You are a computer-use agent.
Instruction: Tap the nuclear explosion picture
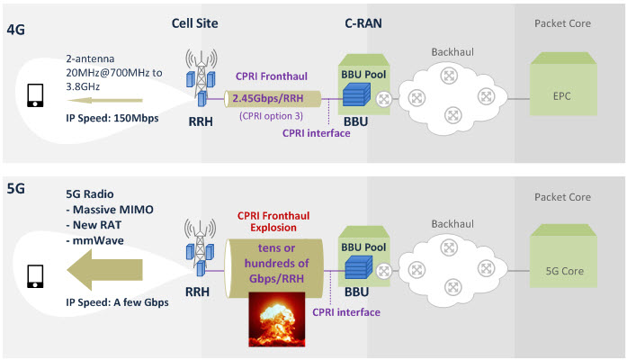(x=277, y=319)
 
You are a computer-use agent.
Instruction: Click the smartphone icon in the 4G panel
(x=35, y=95)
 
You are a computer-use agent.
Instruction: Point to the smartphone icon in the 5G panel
(x=35, y=276)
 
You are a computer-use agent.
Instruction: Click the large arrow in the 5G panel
(x=104, y=270)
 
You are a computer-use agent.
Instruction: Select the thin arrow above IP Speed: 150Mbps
(x=104, y=101)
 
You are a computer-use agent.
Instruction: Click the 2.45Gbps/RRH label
(x=268, y=98)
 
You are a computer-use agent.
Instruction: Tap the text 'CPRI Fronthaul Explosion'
(x=273, y=221)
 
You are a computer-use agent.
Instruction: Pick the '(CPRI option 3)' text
(x=271, y=116)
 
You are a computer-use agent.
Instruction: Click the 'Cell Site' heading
(x=194, y=23)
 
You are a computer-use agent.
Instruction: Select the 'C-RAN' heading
(x=363, y=23)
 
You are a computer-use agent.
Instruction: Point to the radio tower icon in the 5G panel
(x=200, y=247)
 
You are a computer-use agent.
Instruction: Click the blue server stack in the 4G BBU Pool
(x=356, y=94)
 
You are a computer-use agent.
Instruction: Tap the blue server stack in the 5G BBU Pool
(x=358, y=267)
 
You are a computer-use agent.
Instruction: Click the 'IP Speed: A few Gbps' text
(x=117, y=302)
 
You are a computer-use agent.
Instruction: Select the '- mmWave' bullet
(x=94, y=240)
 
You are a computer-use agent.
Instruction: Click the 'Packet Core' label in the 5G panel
(x=562, y=197)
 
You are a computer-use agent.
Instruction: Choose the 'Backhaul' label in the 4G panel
(x=452, y=52)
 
